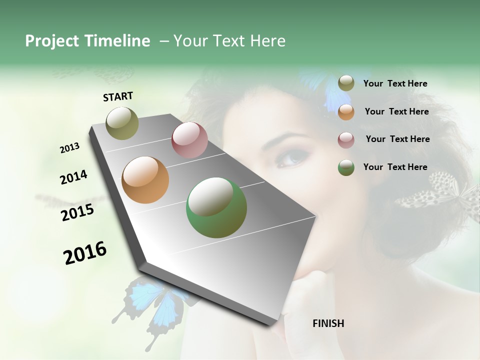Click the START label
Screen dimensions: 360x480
pyautogui.click(x=118, y=96)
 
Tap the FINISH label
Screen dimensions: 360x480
pyautogui.click(x=328, y=323)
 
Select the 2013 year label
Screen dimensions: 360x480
pyautogui.click(x=69, y=147)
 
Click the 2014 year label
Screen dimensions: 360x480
pyautogui.click(x=73, y=177)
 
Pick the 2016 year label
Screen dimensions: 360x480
pyautogui.click(x=85, y=252)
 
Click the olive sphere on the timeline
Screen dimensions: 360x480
pyautogui.click(x=122, y=123)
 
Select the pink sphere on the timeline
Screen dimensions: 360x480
pyautogui.click(x=189, y=139)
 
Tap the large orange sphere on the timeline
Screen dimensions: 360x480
pyautogui.click(x=145, y=180)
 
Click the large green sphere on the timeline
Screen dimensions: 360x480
pyautogui.click(x=216, y=207)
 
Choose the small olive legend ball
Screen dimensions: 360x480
pyautogui.click(x=346, y=83)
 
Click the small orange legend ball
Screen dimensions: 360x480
pyautogui.click(x=346, y=112)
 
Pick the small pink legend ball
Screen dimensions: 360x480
pyautogui.click(x=346, y=140)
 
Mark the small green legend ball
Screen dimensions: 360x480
pyautogui.click(x=346, y=167)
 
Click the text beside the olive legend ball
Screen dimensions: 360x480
pyautogui.click(x=395, y=83)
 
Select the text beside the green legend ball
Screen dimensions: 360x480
pyautogui.click(x=395, y=167)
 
